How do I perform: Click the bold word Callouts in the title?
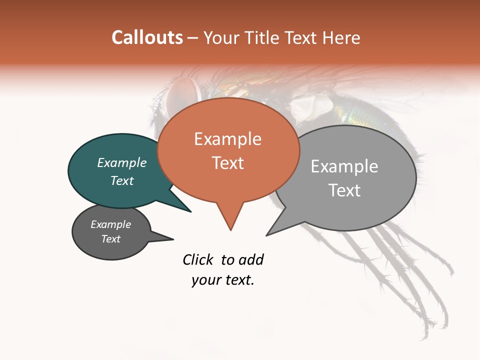click(x=147, y=37)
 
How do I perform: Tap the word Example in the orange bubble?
click(x=227, y=139)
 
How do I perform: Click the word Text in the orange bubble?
click(x=227, y=162)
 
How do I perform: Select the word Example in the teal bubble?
click(x=121, y=162)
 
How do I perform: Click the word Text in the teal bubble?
click(x=121, y=180)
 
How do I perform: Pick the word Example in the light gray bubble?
click(x=344, y=166)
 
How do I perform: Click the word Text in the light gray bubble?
click(x=344, y=190)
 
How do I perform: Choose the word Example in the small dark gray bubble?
click(x=110, y=224)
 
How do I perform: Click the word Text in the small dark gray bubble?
click(x=110, y=239)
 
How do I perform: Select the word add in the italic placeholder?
click(x=251, y=259)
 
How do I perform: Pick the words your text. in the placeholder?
click(x=223, y=280)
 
